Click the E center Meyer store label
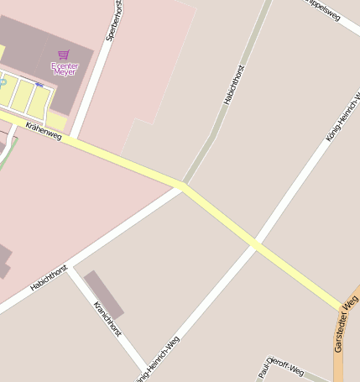(x=64, y=68)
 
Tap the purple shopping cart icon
(x=64, y=55)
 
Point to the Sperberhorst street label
(x=110, y=22)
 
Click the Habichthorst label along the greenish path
(x=234, y=85)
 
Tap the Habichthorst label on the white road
(x=49, y=278)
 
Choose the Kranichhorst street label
(x=108, y=319)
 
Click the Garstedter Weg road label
(x=345, y=324)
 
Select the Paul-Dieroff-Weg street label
(x=279, y=367)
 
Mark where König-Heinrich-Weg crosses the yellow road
(x=256, y=244)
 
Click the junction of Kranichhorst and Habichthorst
(x=70, y=267)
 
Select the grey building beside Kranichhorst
(x=103, y=294)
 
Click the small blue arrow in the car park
(x=39, y=84)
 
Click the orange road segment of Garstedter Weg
(x=342, y=353)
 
